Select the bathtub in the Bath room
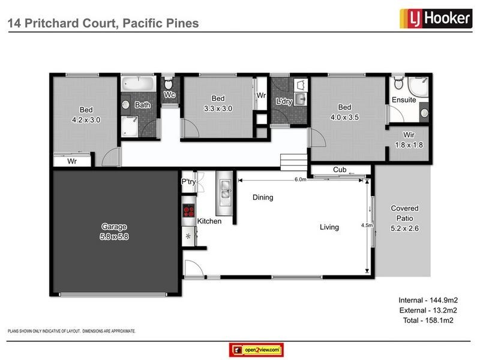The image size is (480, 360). [x=138, y=83]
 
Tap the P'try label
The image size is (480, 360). [x=188, y=182]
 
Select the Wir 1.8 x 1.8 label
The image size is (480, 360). [x=408, y=140]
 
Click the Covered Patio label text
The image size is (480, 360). [x=404, y=212]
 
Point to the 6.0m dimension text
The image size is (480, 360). [x=301, y=179]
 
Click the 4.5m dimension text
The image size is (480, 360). [x=367, y=226]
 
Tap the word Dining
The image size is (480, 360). [x=262, y=197]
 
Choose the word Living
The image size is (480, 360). [x=329, y=227]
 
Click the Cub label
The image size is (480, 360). [x=339, y=170]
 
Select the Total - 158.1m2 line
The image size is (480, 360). [x=425, y=321]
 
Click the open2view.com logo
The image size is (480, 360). [x=256, y=350]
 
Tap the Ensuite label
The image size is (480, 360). [x=404, y=100]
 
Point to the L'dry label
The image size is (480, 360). [x=284, y=101]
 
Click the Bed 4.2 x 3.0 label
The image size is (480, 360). [x=86, y=115]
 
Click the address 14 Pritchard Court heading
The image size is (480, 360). [x=102, y=23]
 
